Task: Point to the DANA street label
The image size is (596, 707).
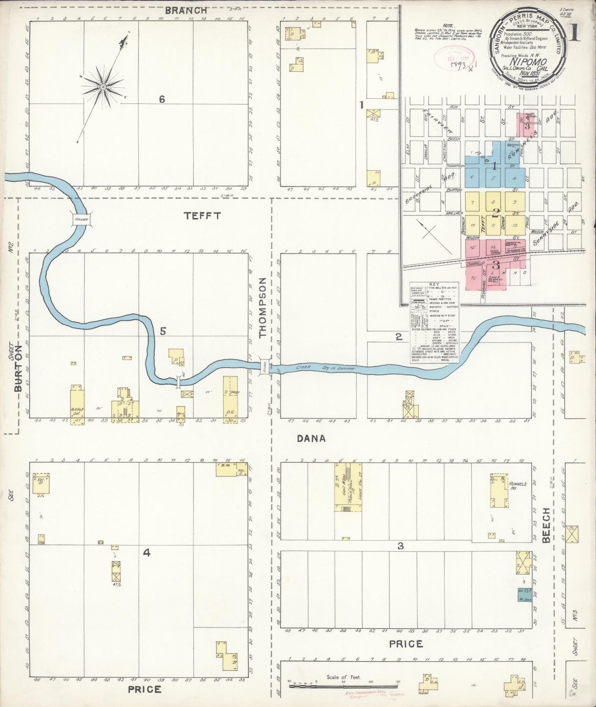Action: pos(311,439)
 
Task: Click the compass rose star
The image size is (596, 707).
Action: pos(103,87)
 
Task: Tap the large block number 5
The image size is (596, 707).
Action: pos(163,331)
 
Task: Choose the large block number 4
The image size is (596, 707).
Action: pos(146,554)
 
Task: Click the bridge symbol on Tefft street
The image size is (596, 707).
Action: pos(81,219)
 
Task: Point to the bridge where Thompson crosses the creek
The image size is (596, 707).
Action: pos(265,366)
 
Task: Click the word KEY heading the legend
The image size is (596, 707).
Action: pos(435,285)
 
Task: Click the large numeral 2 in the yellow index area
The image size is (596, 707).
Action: pos(495,213)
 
